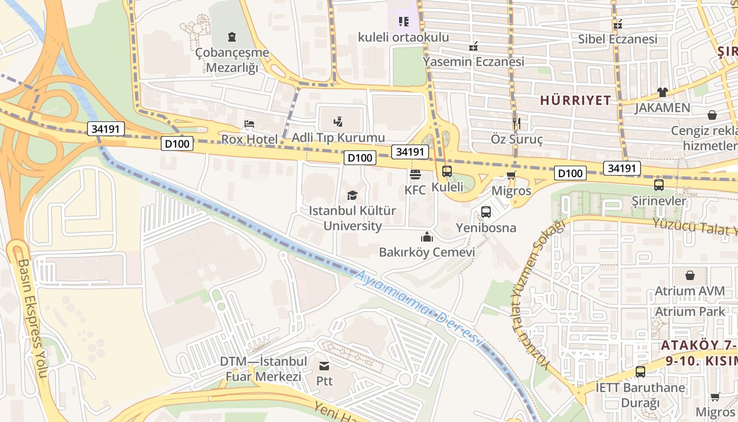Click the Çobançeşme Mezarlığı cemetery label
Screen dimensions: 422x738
[232, 60]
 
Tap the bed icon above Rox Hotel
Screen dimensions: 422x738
[249, 124]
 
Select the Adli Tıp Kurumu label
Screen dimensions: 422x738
[338, 138]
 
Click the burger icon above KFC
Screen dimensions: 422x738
[415, 174]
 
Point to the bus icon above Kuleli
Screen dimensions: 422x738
[447, 171]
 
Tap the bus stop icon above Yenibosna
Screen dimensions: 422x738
[486, 212]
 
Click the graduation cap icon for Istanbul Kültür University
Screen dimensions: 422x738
[352, 196]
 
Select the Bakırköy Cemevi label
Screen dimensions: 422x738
[427, 252]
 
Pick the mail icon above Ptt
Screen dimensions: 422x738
[324, 366]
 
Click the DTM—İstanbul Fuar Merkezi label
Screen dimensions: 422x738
[264, 369]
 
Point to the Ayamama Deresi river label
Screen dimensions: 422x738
[419, 309]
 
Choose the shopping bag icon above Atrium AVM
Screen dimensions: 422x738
[690, 275]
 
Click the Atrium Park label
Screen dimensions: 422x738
[690, 311]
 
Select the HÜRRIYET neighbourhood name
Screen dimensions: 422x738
[576, 100]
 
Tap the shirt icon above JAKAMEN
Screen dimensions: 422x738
[663, 92]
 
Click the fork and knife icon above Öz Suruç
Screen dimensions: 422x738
[516, 123]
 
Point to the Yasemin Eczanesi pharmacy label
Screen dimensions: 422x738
[473, 62]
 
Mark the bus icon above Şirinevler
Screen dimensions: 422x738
[659, 185]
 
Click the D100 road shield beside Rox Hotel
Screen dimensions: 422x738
[178, 143]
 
